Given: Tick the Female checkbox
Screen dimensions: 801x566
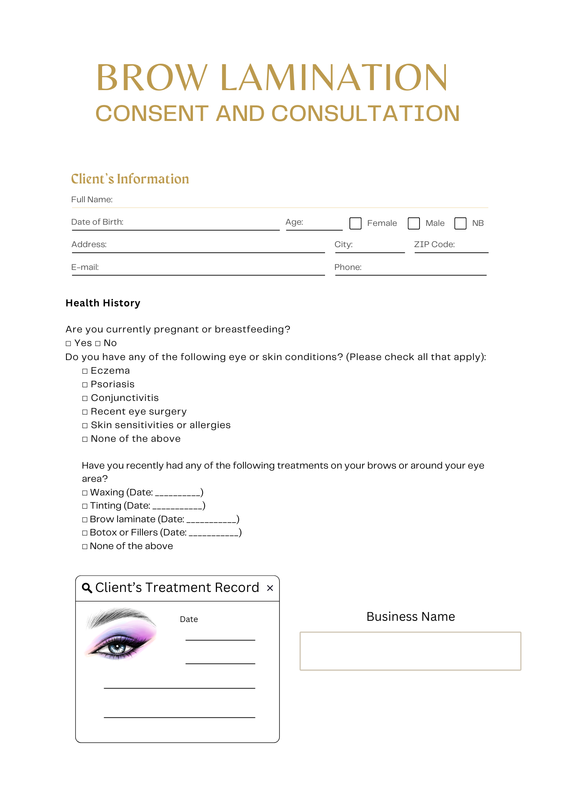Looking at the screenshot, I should (355, 223).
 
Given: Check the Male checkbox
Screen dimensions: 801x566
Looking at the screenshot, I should (413, 223).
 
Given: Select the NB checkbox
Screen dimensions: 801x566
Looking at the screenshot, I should (460, 223).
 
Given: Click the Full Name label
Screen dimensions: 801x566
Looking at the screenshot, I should (92, 199).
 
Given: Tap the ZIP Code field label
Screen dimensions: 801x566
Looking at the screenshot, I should (434, 244).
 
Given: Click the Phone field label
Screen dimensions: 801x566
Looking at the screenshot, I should (348, 267).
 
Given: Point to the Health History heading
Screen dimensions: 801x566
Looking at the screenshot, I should (103, 303).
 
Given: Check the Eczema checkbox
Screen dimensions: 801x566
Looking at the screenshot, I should (85, 371).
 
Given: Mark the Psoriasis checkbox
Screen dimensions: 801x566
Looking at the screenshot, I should (85, 385).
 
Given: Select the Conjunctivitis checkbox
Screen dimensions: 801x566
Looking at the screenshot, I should (85, 398).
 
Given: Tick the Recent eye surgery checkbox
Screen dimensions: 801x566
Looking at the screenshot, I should (85, 412).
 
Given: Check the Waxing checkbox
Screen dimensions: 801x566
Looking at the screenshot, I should (85, 493).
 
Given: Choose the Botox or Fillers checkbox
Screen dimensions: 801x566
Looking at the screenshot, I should (85, 533).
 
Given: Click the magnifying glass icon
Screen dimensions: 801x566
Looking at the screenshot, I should (87, 588).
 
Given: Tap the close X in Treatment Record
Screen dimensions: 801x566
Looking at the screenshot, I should (270, 588).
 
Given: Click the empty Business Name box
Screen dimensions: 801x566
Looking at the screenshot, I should (410, 651).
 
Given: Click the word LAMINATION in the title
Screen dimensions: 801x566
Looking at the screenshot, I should (334, 78).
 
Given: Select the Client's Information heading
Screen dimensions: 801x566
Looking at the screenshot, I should (130, 179).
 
